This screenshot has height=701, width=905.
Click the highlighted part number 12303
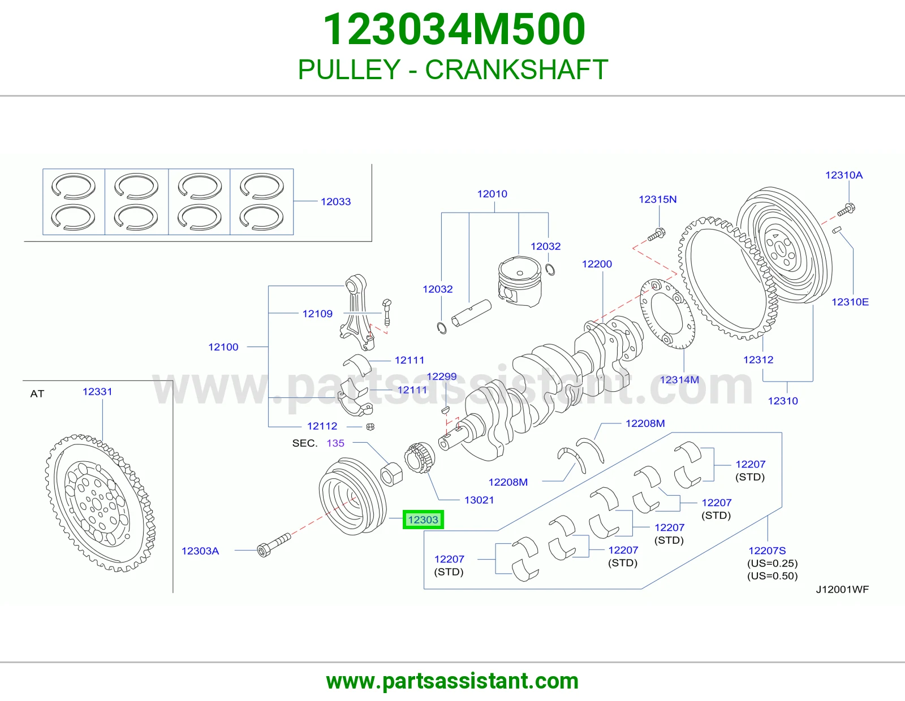(x=423, y=520)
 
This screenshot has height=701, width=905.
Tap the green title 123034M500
(x=454, y=29)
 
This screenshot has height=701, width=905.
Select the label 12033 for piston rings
(x=335, y=201)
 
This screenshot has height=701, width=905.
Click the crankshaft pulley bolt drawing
(x=274, y=544)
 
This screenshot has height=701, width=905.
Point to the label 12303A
(x=200, y=551)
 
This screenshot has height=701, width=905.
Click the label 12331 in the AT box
(x=97, y=392)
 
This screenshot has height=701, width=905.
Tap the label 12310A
(x=844, y=175)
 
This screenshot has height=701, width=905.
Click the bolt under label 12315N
(x=656, y=235)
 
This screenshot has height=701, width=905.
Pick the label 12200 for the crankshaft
(x=597, y=264)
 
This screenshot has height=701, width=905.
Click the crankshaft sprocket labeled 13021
(x=420, y=457)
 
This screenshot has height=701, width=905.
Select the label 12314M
(x=679, y=380)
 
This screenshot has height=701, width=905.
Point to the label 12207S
(x=767, y=551)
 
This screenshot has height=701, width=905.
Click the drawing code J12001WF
(x=842, y=590)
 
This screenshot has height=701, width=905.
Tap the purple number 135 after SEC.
(x=335, y=443)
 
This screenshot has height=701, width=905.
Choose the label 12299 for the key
(x=441, y=377)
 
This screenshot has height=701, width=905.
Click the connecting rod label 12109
(x=317, y=313)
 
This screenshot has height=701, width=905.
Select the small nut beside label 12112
(x=370, y=427)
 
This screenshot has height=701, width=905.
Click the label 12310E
(x=850, y=302)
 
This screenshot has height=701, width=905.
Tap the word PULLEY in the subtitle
(x=349, y=70)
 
